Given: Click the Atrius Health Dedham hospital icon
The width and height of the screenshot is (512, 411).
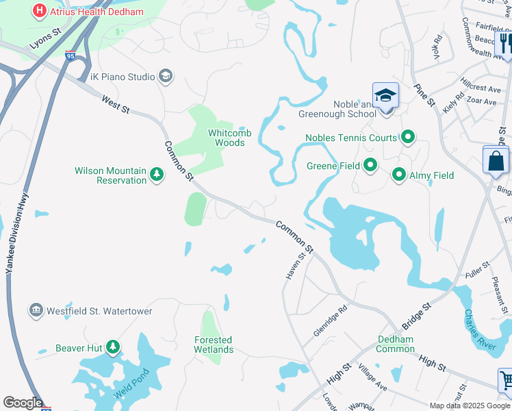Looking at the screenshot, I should coord(40,12).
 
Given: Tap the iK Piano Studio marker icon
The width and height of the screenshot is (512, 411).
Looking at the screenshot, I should coord(165,76).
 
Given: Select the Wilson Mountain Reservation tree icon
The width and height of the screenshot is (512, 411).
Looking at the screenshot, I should coord(157,175).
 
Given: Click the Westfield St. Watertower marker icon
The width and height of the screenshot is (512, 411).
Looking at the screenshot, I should coord(36,311).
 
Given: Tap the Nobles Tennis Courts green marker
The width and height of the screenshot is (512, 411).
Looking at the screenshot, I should coord(408,138).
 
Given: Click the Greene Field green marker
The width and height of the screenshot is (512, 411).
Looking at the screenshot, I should coord(370,166).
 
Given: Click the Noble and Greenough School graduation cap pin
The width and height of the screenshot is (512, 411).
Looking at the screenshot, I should coord(385,95).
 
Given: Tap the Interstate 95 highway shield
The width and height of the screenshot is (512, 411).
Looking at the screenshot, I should coord(71,57).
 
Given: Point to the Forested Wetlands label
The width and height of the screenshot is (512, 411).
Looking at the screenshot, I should coord(214,345).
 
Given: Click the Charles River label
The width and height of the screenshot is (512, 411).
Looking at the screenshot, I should coord(479,331).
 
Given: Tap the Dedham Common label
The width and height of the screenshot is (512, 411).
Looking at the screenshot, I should coord(396,344).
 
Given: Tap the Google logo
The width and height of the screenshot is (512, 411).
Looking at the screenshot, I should coord(23,402).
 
